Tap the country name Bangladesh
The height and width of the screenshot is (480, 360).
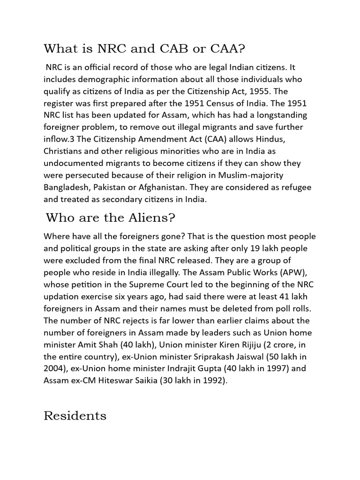click(66, 187)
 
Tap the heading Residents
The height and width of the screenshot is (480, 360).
click(75, 416)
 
